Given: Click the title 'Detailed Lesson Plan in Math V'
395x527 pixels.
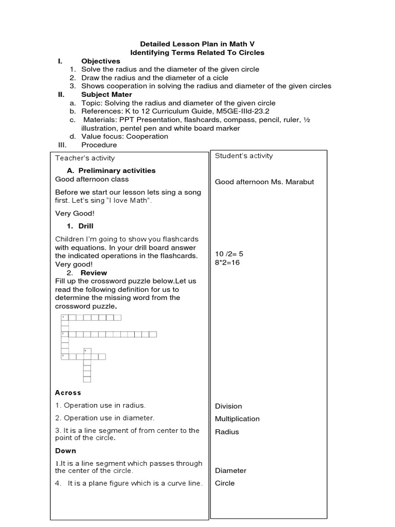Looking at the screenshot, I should tap(197, 44).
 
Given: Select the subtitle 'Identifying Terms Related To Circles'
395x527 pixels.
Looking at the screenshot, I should tap(197, 52).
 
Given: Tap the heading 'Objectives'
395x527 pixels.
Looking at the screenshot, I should tap(100, 61).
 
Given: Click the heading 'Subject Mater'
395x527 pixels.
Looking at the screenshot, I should tap(106, 95).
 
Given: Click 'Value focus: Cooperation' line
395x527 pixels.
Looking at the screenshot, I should tap(124, 136).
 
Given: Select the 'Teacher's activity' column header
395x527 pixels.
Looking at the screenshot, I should tap(85, 158).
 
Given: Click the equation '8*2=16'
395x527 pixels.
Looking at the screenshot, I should tap(227, 262).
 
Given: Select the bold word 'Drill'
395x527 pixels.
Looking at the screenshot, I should tap(86, 226).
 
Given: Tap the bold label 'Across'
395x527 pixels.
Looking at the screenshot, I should tap(68, 393).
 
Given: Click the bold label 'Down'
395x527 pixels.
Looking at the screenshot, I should tap(65, 451).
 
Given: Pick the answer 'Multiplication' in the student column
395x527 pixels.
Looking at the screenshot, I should tap(237, 419).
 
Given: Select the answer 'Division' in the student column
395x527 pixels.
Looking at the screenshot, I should tap(228, 406).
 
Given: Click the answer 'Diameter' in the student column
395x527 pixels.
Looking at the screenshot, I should tap(230, 470).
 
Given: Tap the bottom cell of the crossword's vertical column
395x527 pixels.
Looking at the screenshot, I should tap(87, 379).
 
